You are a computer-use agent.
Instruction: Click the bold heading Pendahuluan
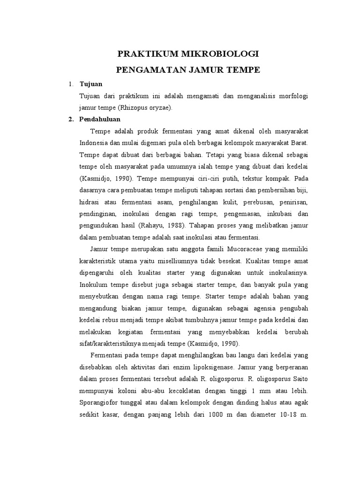pos(100,119)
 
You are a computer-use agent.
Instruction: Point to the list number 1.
pos(71,84)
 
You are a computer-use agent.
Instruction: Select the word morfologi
pos(293,96)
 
